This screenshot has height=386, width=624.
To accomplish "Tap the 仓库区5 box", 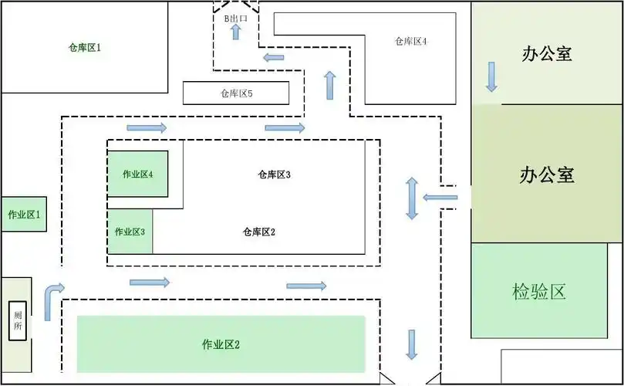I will pos(236,93).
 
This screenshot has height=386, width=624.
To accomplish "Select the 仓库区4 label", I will pos(410,42).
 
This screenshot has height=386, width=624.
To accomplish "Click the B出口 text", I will pos(236,18).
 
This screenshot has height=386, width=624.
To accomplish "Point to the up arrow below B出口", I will pos(236,32).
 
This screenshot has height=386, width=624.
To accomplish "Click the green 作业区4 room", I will pos(138,174).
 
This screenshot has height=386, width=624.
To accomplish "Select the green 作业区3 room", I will pos(130,232).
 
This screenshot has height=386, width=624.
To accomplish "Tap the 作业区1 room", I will pos(24,214).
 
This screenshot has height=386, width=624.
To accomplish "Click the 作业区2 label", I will pos(221,344).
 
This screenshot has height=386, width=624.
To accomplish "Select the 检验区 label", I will pos(539,292).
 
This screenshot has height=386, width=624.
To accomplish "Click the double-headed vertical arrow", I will pos(412,198).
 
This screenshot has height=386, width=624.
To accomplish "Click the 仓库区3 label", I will pos(274,174).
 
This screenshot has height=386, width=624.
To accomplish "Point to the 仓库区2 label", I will pos(259,232).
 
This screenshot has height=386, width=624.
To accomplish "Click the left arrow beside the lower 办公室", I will pos(440,198).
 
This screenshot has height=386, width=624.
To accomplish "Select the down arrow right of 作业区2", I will pos(412,344).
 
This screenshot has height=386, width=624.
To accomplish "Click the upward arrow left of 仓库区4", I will pos(330,85).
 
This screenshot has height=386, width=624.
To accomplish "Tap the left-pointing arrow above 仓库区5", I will pos(273,57).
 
